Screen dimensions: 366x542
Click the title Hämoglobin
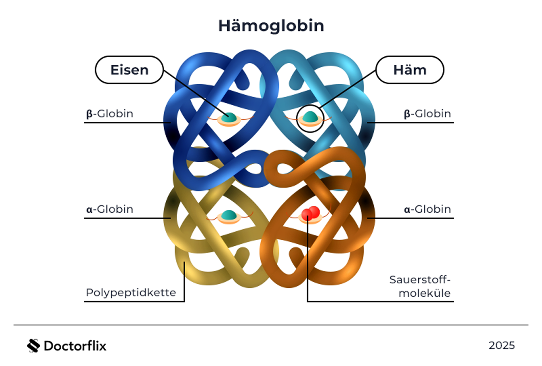271,26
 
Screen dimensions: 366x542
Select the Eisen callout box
129,70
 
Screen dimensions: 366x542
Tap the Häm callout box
410,70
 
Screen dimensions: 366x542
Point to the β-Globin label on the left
109,114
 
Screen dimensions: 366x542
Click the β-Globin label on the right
427,114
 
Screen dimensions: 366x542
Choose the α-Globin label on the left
109,209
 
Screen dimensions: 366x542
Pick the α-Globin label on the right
427,209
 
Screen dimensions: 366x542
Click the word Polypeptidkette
131,292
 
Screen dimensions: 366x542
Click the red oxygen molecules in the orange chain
311,213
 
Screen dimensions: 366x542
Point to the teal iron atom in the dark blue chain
229,117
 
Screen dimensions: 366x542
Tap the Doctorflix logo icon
34,346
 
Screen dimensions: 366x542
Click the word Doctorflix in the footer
75,346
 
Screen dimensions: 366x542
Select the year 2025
501,345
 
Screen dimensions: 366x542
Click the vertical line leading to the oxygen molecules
307,261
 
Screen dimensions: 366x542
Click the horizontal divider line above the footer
271,325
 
